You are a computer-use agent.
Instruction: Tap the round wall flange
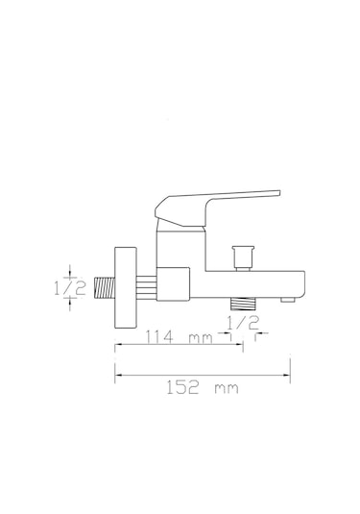pyautogui.click(x=123, y=285)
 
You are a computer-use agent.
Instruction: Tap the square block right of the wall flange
pyautogui.click(x=172, y=284)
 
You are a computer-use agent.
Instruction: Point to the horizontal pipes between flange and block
pyautogui.click(x=145, y=284)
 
